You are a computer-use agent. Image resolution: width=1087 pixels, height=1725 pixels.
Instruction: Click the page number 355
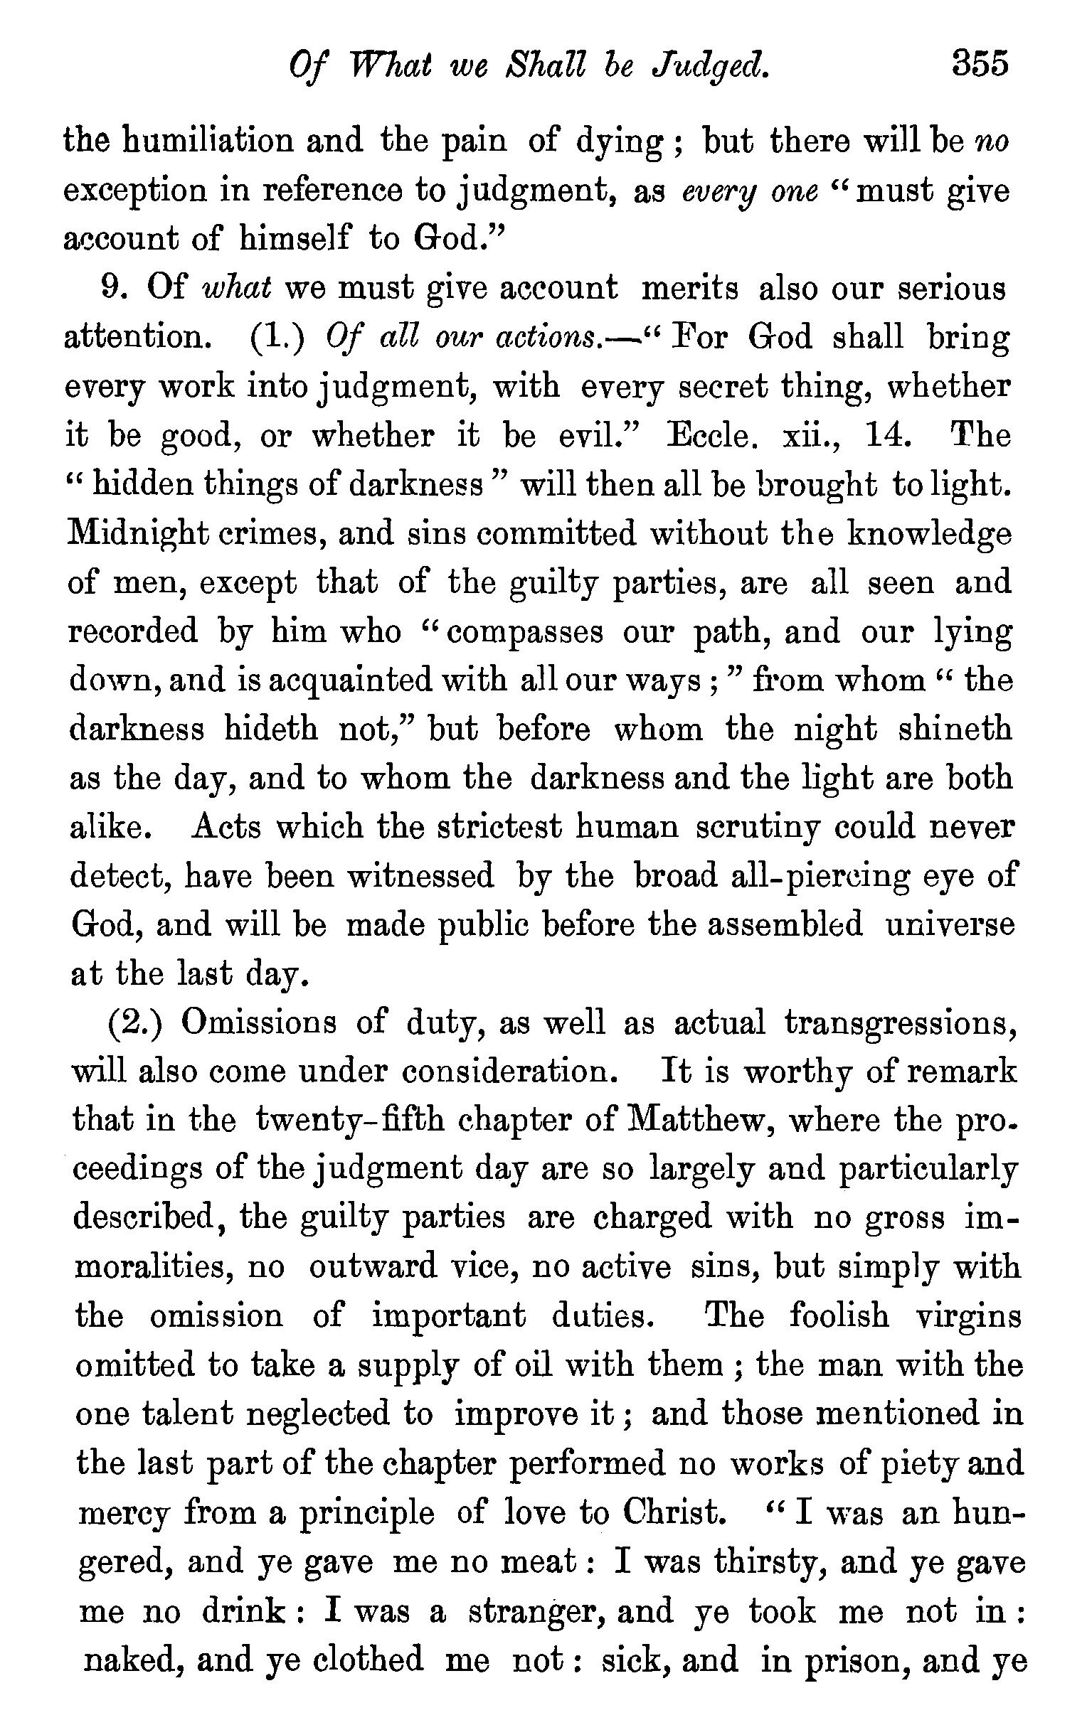click(980, 64)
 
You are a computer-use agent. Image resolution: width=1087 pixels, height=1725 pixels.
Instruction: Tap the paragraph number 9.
click(113, 289)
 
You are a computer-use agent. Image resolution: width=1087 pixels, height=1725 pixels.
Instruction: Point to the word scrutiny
click(758, 829)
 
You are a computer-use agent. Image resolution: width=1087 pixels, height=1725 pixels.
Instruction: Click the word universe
click(950, 925)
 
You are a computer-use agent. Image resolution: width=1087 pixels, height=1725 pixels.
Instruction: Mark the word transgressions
click(900, 1025)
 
